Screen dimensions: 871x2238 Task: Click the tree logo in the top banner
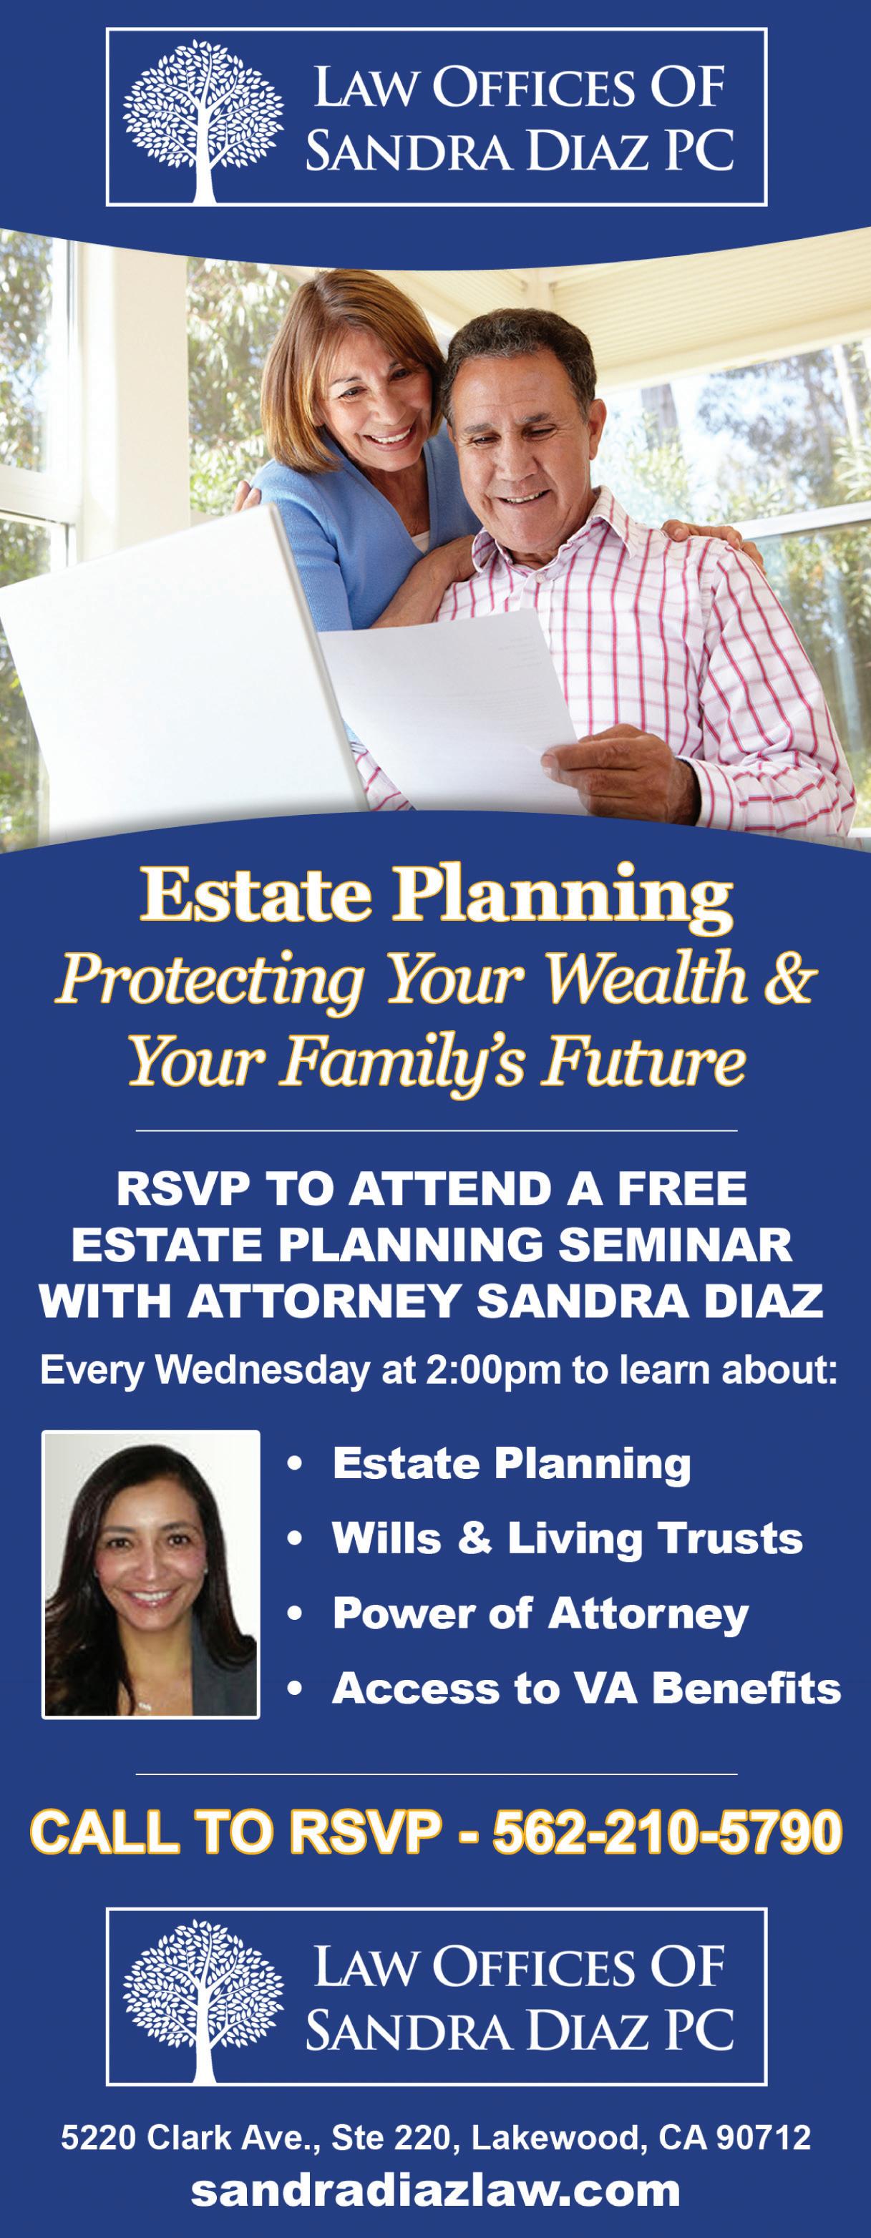(203, 121)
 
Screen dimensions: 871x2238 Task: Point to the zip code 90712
(763, 2137)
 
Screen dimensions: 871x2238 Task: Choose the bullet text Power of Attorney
(540, 1613)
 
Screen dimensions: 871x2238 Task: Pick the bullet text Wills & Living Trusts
(568, 1538)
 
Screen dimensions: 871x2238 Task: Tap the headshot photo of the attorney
(151, 1573)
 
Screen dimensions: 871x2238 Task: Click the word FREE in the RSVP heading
(682, 1188)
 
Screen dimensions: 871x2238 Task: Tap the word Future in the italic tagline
(643, 1062)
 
